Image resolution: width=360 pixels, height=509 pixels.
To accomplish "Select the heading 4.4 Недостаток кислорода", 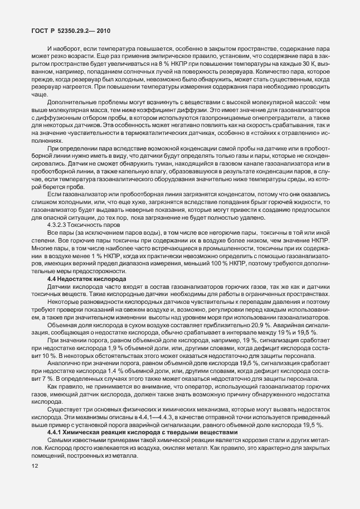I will coord(85,278).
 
